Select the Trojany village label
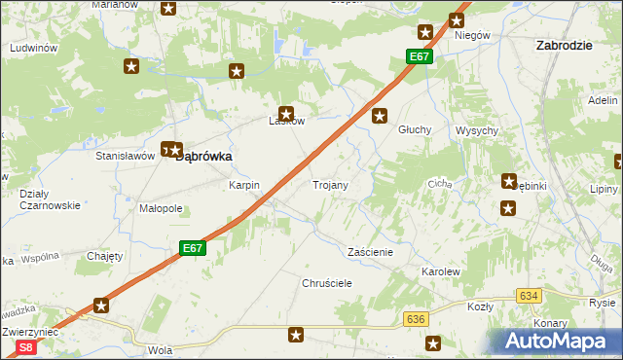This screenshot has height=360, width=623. [x=330, y=184]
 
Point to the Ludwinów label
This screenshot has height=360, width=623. [x=33, y=48]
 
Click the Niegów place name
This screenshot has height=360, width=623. [x=471, y=35]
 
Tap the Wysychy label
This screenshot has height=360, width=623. [x=477, y=130]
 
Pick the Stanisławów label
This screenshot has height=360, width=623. [x=126, y=156]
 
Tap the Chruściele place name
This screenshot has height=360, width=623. [x=326, y=282]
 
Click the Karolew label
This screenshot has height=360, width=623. [x=440, y=271]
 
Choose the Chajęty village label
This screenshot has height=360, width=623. [x=104, y=257]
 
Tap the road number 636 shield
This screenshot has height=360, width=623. [x=417, y=318]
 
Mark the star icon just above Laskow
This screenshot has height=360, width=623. [x=286, y=113]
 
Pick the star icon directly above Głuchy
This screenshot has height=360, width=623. [x=381, y=118]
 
